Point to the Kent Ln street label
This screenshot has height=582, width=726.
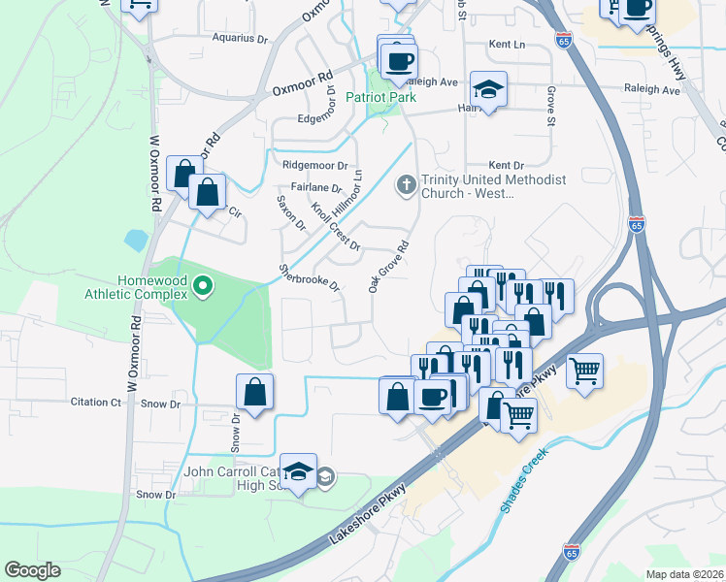click(x=507, y=45)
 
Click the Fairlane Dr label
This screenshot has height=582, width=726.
click(x=316, y=187)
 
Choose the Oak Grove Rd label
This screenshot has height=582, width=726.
click(x=385, y=267)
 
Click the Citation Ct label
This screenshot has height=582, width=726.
click(x=96, y=402)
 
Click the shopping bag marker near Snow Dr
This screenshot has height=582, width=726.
click(x=254, y=393)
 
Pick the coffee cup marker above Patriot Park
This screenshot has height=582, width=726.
click(x=398, y=62)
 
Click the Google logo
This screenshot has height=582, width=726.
click(x=33, y=570)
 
